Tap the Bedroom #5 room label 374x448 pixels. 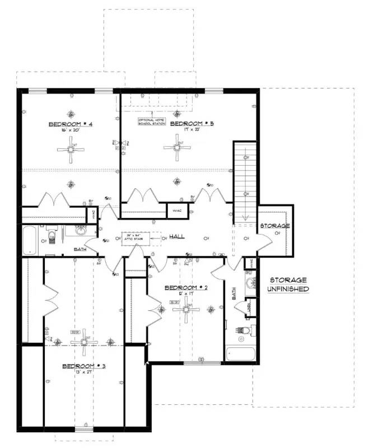pyautogui.click(x=191, y=123)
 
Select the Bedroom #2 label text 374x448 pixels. pyautogui.click(x=186, y=288)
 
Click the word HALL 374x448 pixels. pyautogui.click(x=177, y=237)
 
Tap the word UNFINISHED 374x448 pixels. pyautogui.click(x=289, y=289)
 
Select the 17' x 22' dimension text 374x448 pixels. pyautogui.click(x=191, y=130)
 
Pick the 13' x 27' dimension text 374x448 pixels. pyautogui.click(x=83, y=372)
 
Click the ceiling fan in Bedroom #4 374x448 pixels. pyautogui.click(x=72, y=148)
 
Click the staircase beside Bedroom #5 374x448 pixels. pyautogui.click(x=245, y=179)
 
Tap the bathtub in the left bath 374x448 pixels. pyautogui.click(x=30, y=239)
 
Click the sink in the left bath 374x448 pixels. pyautogui.click(x=80, y=231)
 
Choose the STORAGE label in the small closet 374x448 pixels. pyautogui.click(x=275, y=226)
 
